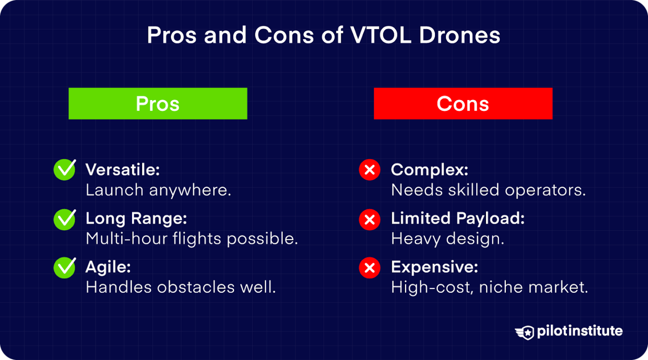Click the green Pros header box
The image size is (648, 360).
click(158, 104)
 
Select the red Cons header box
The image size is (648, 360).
click(463, 104)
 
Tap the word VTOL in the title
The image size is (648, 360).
click(381, 35)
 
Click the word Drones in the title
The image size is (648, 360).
click(459, 35)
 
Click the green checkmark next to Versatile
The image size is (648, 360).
click(65, 170)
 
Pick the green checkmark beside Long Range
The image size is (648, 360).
click(65, 219)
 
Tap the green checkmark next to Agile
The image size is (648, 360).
click(65, 268)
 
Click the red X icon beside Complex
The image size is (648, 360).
click(370, 170)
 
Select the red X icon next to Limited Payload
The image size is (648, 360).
click(370, 219)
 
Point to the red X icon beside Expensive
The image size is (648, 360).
click(370, 268)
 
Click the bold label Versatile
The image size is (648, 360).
click(122, 170)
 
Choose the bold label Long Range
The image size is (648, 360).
click(136, 219)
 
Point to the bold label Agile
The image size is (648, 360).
click(108, 267)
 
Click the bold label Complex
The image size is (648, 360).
click(429, 170)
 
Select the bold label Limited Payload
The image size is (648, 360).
click(458, 219)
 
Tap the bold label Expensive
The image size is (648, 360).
click(435, 267)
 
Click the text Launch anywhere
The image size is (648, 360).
click(158, 190)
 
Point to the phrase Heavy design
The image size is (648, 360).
click(448, 239)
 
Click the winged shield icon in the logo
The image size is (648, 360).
click(525, 332)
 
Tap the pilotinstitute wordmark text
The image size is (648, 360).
click(580, 331)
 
